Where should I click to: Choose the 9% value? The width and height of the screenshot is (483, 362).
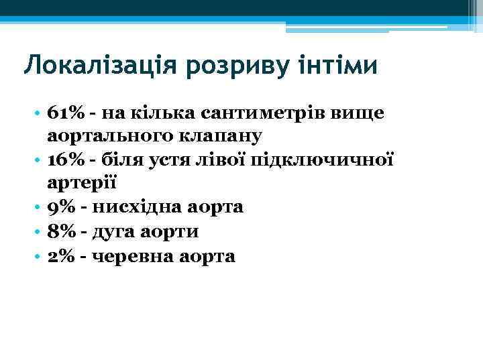60,208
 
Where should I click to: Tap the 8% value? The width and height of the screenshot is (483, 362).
60,232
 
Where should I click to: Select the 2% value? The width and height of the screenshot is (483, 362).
60,256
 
